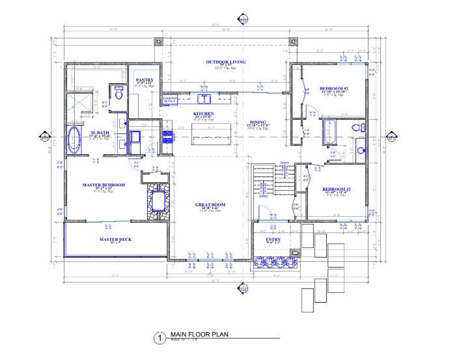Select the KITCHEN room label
click(x=203, y=113)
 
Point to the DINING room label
click(x=258, y=122)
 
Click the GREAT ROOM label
click(x=210, y=204)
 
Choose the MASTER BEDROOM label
click(x=103, y=185)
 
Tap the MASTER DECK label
click(x=115, y=239)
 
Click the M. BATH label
click(x=98, y=132)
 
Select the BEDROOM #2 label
click(x=334, y=88)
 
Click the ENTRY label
click(x=273, y=240)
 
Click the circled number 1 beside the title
click(x=157, y=338)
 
